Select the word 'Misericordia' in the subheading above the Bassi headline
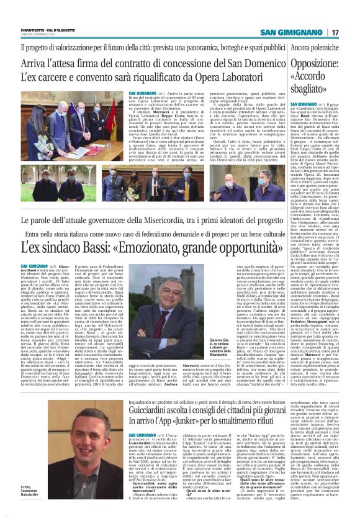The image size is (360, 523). [x=160, y=221]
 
